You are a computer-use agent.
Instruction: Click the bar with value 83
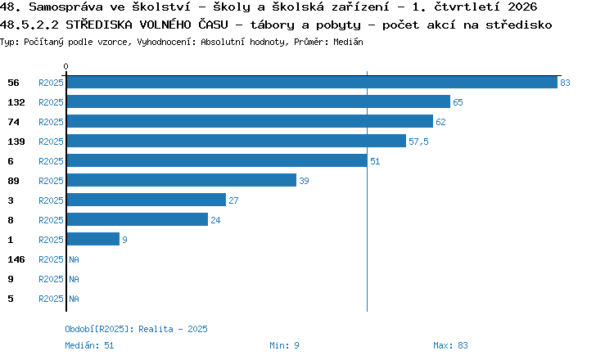click(312, 82)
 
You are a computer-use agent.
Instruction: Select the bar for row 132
click(259, 101)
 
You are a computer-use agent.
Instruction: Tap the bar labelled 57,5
click(237, 141)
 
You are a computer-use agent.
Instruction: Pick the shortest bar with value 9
click(93, 239)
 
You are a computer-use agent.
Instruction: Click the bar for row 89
click(182, 180)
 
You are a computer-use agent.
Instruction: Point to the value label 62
click(440, 122)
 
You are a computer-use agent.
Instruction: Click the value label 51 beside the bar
click(375, 161)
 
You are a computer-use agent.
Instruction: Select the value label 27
click(233, 200)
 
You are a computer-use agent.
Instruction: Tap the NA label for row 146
click(74, 259)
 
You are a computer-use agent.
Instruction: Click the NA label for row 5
click(74, 299)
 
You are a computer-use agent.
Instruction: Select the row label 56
click(13, 83)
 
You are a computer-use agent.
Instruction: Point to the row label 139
click(16, 142)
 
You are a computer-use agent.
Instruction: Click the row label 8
click(11, 220)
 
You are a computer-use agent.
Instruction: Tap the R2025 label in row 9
click(51, 279)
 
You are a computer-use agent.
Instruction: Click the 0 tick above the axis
click(65, 66)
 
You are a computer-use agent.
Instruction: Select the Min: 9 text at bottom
click(284, 345)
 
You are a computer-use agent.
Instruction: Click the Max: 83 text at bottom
click(450, 345)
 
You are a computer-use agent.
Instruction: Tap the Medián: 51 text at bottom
click(89, 345)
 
